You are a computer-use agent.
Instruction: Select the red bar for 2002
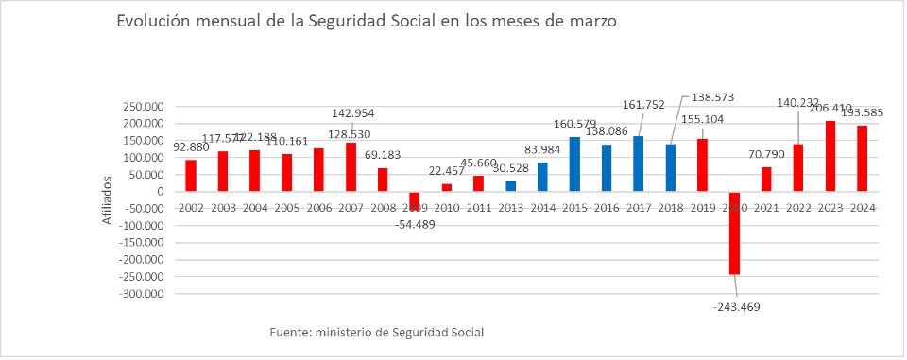click(191, 176)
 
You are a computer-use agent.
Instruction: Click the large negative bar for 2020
click(734, 233)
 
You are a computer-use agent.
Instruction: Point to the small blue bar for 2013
click(510, 186)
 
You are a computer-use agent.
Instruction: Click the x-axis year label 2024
click(862, 207)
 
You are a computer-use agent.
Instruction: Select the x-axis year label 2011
click(478, 207)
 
